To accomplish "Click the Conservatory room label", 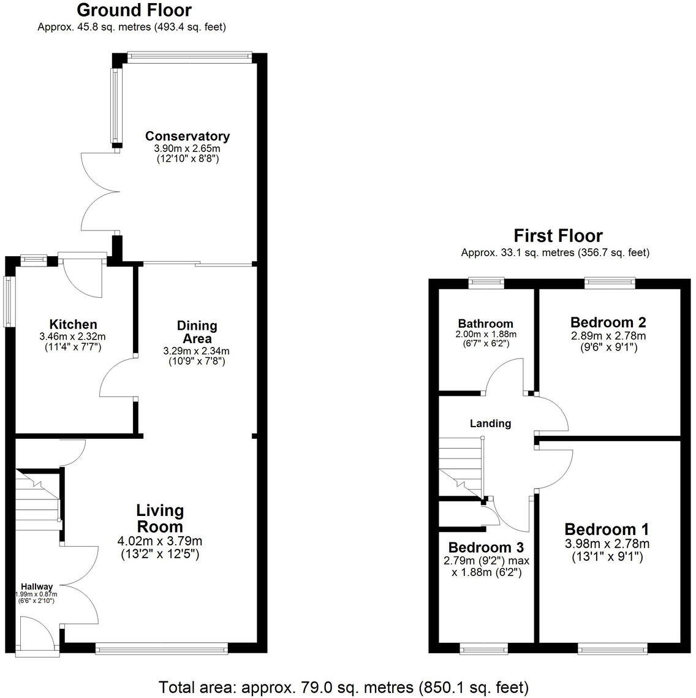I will click(187, 136).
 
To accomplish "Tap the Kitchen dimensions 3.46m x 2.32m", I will click(74, 336).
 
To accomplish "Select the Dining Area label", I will click(197, 332).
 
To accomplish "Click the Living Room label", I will click(159, 518).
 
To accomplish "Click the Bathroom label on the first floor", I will click(485, 324).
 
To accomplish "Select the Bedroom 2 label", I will click(608, 322).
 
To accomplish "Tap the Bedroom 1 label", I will click(607, 529).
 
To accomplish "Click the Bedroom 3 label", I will click(485, 547).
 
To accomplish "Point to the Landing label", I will click(490, 423).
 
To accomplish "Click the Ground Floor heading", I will click(134, 10).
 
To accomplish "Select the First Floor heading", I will click(558, 236).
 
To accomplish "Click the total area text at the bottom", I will click(344, 686).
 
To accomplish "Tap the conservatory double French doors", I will click(98, 191).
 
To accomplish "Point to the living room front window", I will click(162, 647).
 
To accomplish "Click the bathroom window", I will click(486, 283).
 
